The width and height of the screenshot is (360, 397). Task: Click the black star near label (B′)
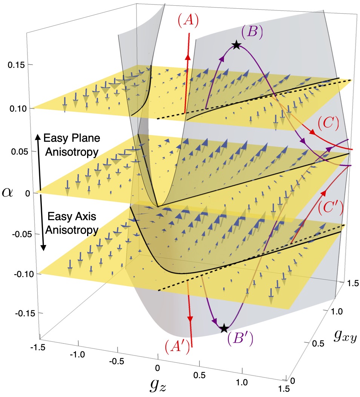pyautogui.click(x=224, y=328)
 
